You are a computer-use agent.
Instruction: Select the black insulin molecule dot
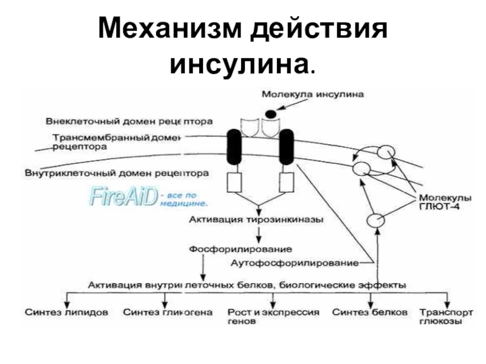click(x=270, y=113)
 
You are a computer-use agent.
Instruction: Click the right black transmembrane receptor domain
click(x=286, y=148)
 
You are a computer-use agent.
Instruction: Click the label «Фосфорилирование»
click(x=241, y=249)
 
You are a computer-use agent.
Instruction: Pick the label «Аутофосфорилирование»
click(x=295, y=263)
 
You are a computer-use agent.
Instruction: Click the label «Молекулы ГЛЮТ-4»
click(x=440, y=203)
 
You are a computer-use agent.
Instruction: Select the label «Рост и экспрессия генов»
click(x=273, y=317)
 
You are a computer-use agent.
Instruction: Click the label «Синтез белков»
click(x=370, y=313)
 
